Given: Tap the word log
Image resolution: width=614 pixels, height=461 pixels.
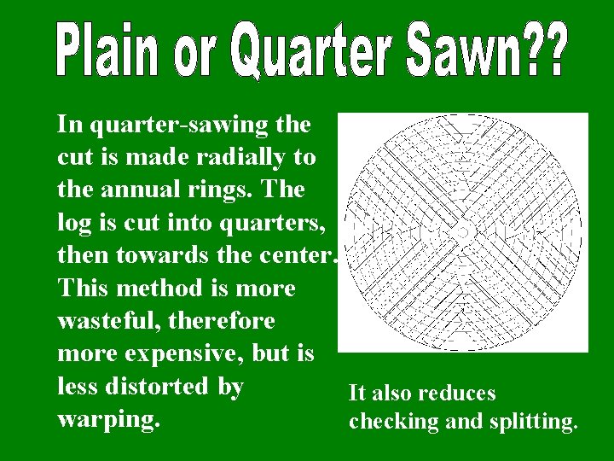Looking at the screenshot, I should click(74, 222).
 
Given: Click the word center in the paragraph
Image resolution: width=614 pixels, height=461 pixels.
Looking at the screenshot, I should click(302, 254).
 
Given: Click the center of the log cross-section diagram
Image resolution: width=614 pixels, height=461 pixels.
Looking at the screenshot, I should click(463, 232).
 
